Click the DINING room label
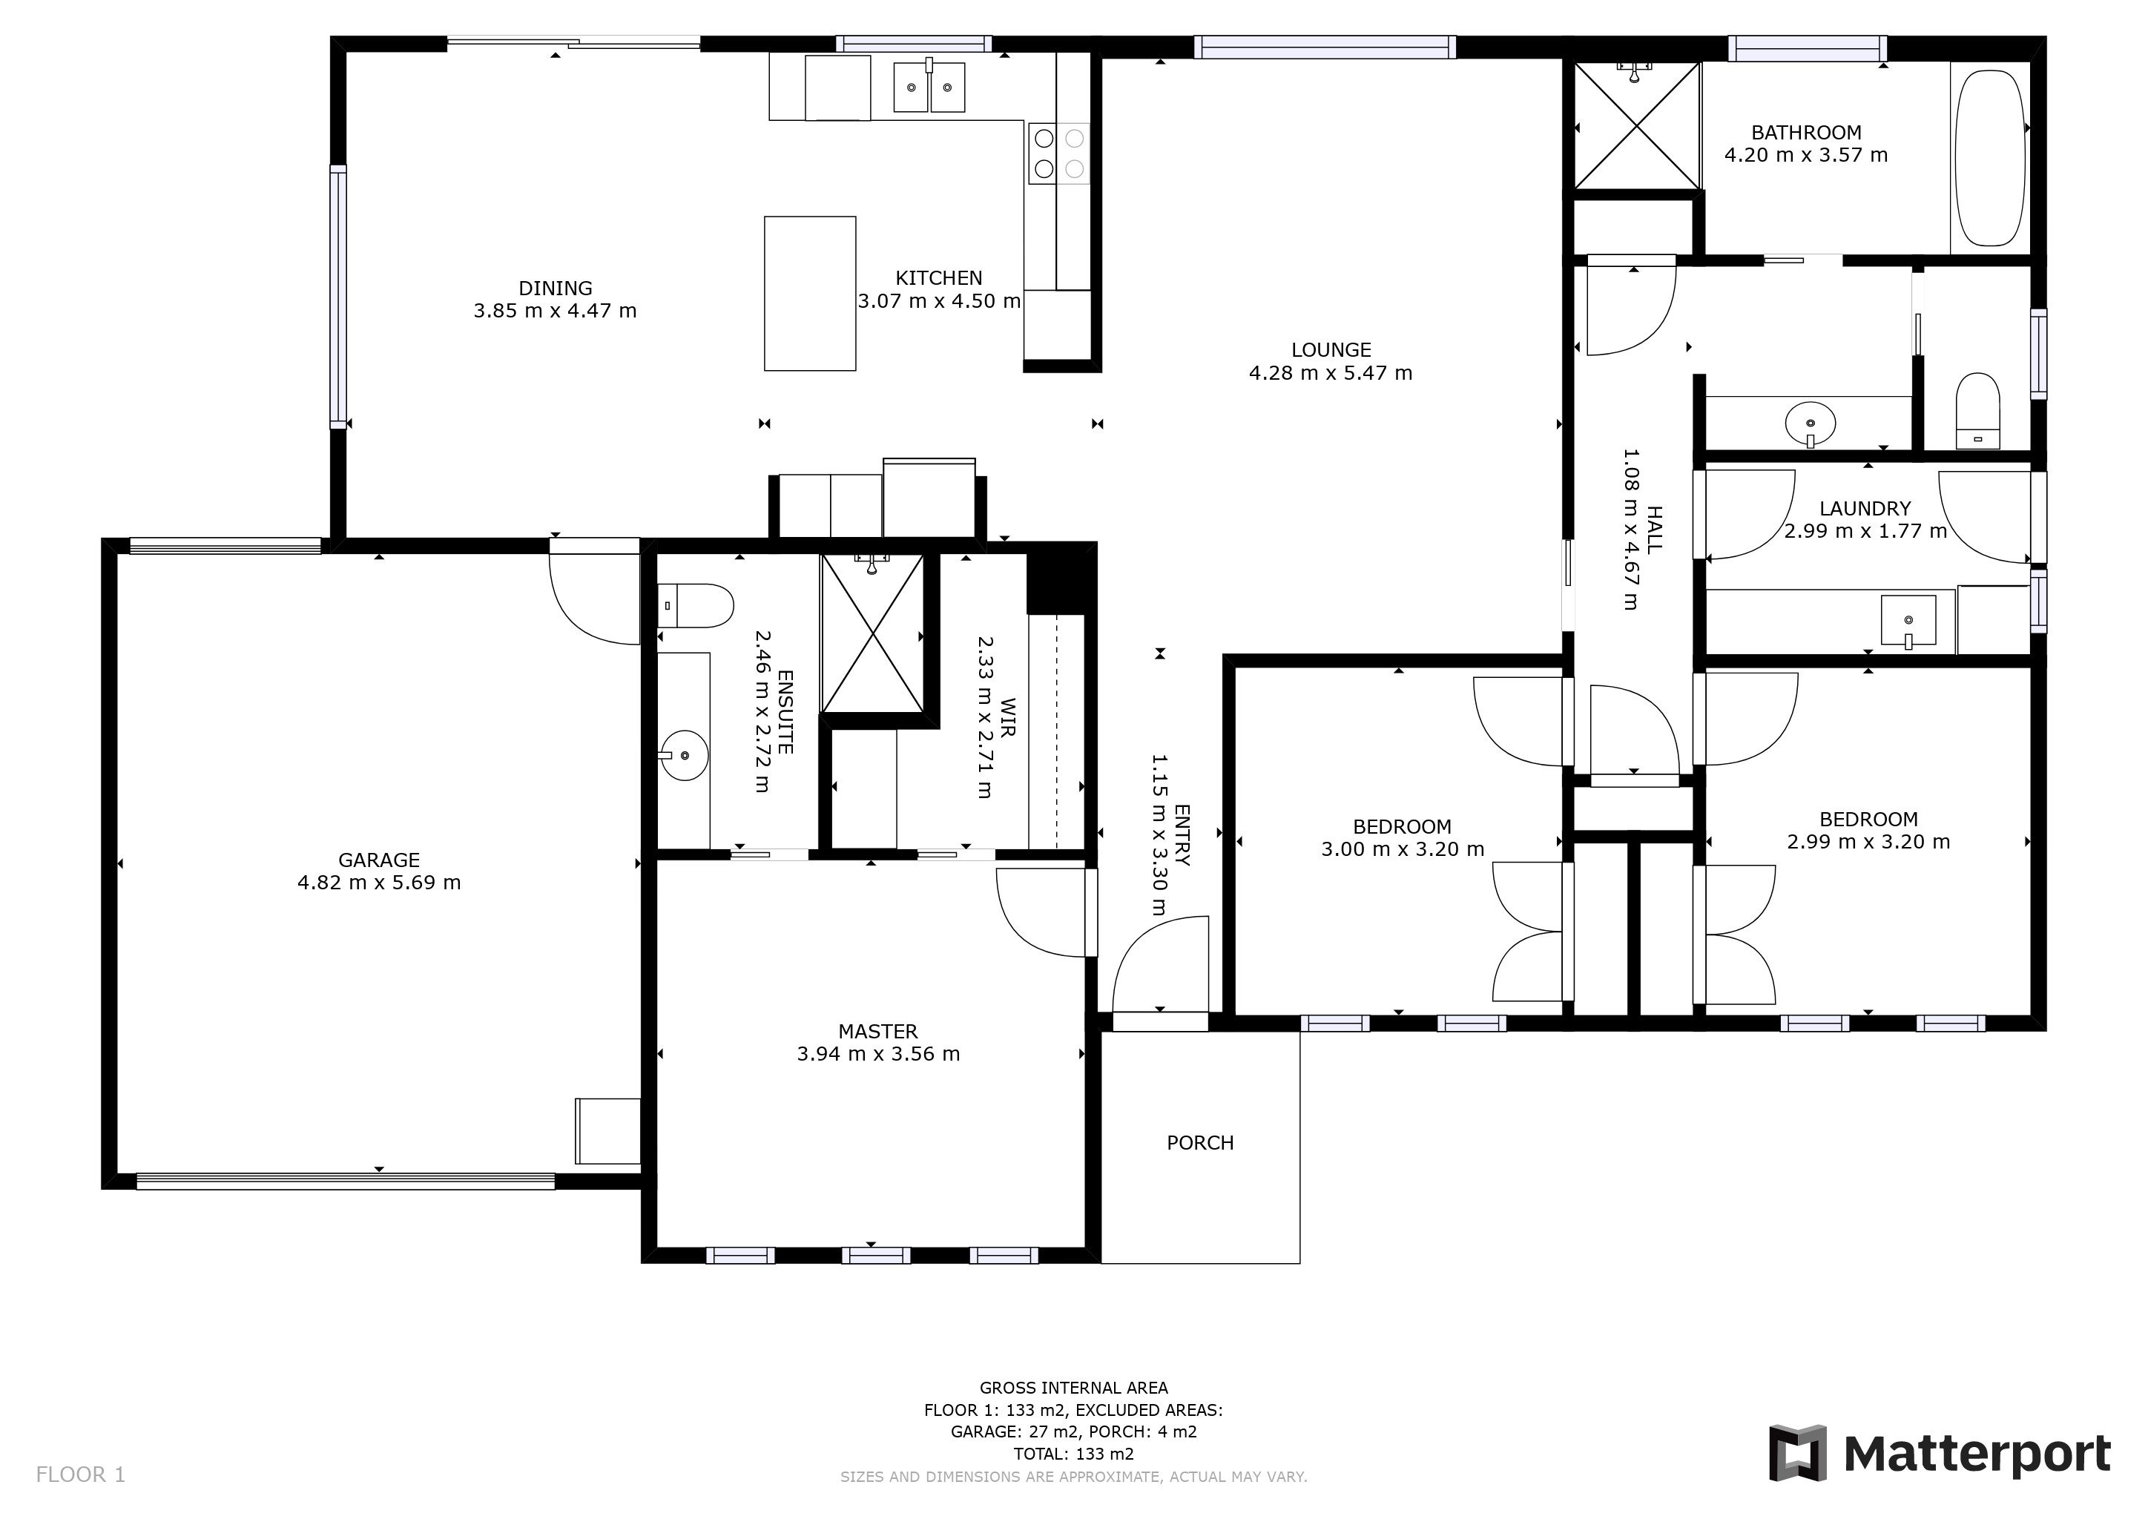[556, 288]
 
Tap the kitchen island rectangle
[810, 294]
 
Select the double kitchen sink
[929, 87]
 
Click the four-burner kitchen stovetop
[1059, 154]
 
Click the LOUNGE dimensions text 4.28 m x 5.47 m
[1331, 373]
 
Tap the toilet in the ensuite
[694, 606]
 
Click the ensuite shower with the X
[872, 633]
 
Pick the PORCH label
[1200, 1143]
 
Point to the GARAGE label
[379, 860]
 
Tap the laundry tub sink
[1908, 620]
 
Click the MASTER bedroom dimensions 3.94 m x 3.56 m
[878, 1054]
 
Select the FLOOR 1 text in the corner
[80, 1475]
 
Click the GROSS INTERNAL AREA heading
[1074, 1388]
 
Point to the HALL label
[1654, 530]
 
